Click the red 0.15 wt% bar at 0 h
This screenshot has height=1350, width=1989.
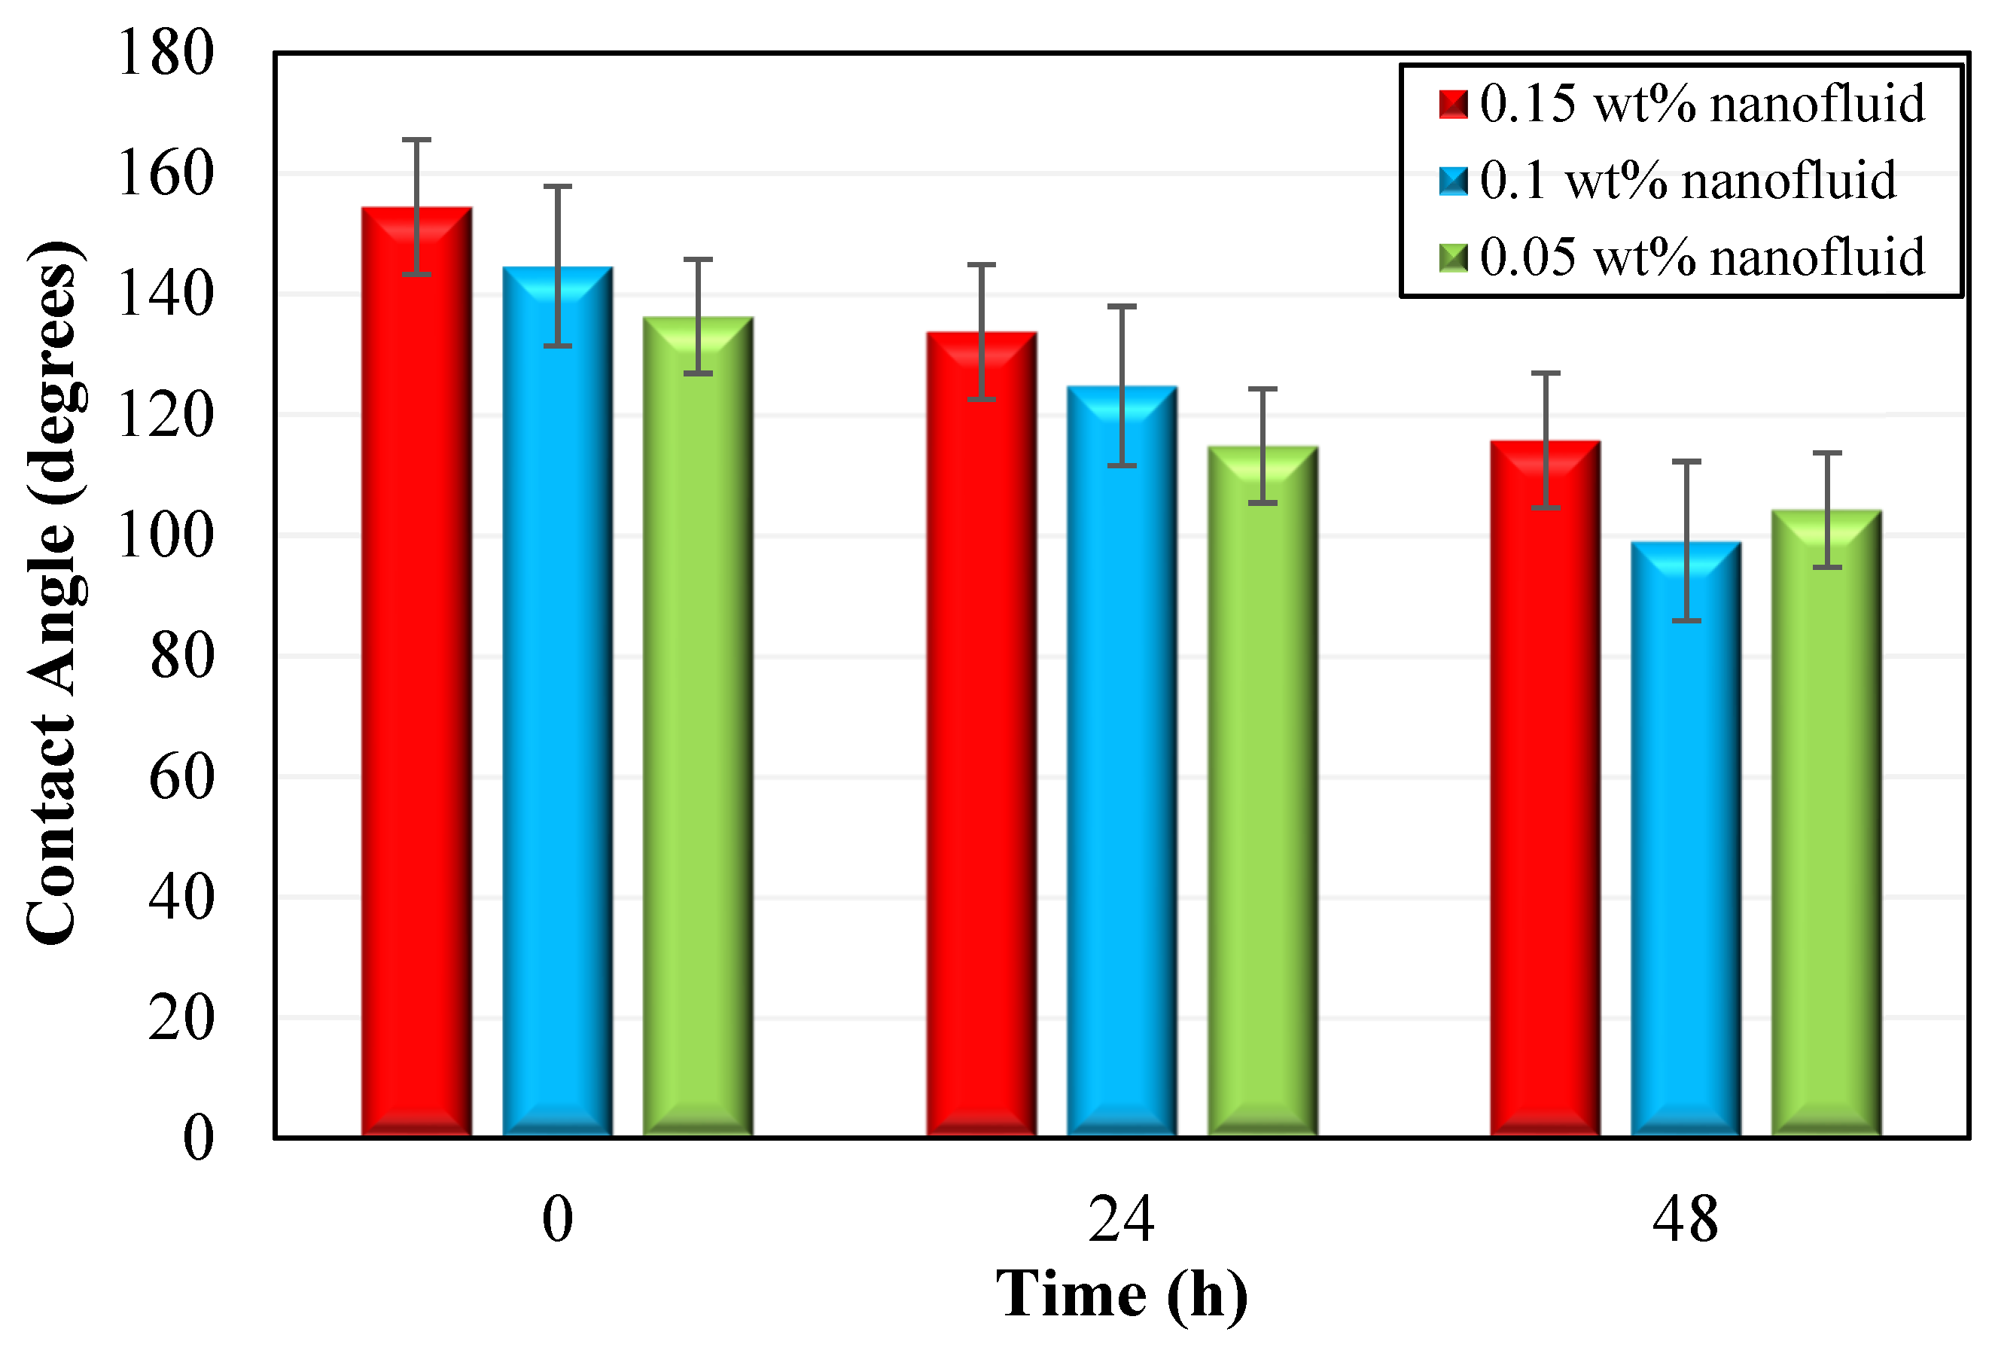pyautogui.click(x=417, y=685)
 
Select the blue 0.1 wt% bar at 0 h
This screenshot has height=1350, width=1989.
pyautogui.click(x=557, y=711)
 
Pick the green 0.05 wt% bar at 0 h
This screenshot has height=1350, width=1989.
pyautogui.click(x=698, y=736)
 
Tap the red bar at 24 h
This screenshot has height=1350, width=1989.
pyautogui.click(x=982, y=745)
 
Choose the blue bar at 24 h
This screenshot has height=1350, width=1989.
pyautogui.click(x=1122, y=770)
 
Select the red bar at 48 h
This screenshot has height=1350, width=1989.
pyautogui.click(x=1546, y=796)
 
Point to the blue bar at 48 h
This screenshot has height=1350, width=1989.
pyautogui.click(x=1686, y=848)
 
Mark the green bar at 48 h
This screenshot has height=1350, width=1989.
pyautogui.click(x=1826, y=830)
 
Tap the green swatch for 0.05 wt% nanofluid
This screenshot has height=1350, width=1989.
pyautogui.click(x=1453, y=258)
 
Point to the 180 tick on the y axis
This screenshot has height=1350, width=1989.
pyautogui.click(x=165, y=53)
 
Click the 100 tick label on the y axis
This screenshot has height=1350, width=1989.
pyautogui.click(x=165, y=537)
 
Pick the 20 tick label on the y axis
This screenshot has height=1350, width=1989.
pyautogui.click(x=181, y=1019)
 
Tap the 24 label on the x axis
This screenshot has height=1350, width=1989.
pyautogui.click(x=1121, y=1220)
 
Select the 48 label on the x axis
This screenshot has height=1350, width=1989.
pyautogui.click(x=1685, y=1220)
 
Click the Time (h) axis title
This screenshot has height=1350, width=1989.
pyautogui.click(x=1121, y=1294)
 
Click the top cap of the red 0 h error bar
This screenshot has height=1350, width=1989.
pyautogui.click(x=417, y=139)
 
